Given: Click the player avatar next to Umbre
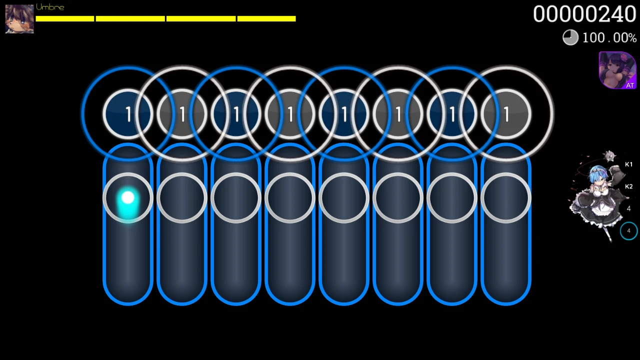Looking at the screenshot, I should (19, 19).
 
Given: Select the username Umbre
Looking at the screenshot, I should (50, 7).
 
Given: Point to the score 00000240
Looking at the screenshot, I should (584, 14).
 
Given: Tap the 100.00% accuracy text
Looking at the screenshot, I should (609, 38).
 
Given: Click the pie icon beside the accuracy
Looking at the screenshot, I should (570, 37).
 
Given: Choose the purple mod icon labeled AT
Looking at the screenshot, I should (617, 70).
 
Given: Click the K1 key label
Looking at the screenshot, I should (628, 164).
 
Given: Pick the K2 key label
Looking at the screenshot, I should (628, 186).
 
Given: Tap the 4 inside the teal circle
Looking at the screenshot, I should (628, 231).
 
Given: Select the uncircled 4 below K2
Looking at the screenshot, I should (628, 208).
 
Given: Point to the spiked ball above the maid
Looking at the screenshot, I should (609, 156).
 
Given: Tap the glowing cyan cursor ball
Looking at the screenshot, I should (128, 199).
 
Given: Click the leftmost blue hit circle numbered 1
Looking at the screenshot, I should (128, 114).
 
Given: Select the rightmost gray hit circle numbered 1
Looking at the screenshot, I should (506, 114).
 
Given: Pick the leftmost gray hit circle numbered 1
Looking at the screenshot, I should (182, 114).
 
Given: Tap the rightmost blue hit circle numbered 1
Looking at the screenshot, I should (452, 114).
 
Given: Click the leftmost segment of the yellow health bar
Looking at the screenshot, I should (65, 18).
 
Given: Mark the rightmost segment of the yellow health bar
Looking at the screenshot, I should (266, 18).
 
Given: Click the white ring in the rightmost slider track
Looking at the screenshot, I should (506, 198).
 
